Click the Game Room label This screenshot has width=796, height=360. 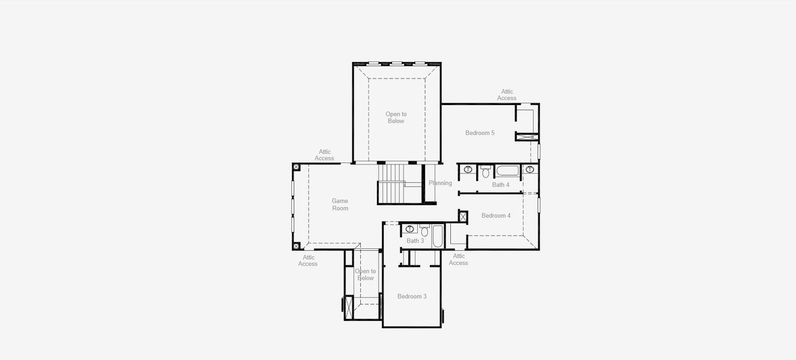(340, 205)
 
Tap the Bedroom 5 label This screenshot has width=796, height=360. (480, 133)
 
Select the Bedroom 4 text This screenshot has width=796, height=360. (496, 215)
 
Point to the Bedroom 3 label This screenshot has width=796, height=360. (412, 296)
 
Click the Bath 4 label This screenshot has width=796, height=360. (501, 185)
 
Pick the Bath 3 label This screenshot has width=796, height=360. (415, 241)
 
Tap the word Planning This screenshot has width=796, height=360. (440, 183)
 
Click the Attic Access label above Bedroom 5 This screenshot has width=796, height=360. (507, 95)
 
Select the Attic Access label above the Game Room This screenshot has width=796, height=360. (324, 155)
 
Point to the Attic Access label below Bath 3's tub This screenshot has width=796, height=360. (458, 259)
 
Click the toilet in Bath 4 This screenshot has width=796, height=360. (486, 172)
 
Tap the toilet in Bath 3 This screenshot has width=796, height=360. (424, 231)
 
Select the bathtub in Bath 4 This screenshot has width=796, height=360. (507, 170)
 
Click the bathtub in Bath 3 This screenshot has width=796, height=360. (438, 236)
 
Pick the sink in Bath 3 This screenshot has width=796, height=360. (411, 229)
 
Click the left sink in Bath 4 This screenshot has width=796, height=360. (468, 170)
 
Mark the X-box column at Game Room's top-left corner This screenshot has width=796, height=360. (296, 167)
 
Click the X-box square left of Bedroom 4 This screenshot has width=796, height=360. (463, 216)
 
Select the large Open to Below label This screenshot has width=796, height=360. (396, 118)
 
